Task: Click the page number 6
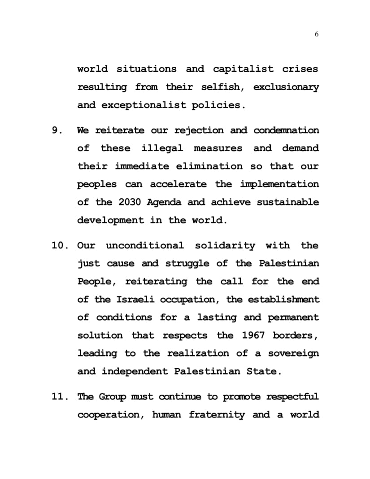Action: pos(317,35)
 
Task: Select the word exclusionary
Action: pos(286,87)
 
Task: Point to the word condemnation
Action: pos(286,131)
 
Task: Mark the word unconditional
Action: pos(144,246)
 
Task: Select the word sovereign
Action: pos(294,353)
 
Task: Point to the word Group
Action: pos(113,397)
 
